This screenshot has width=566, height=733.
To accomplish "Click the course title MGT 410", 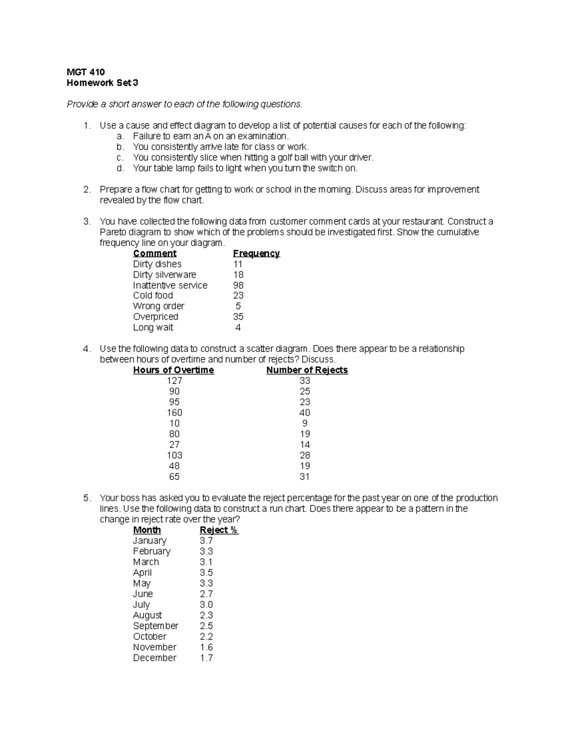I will click(x=85, y=72).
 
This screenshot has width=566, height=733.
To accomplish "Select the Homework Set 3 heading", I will click(x=102, y=83).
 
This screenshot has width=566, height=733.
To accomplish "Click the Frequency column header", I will click(x=256, y=253).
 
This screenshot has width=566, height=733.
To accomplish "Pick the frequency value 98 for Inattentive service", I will click(x=238, y=285).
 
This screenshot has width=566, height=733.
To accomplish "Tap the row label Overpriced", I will click(x=155, y=317).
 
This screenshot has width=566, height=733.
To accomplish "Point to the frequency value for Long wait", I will click(x=238, y=328).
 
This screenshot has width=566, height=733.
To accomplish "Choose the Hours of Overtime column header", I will click(x=174, y=370).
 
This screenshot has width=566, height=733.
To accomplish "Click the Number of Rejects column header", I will click(x=307, y=370).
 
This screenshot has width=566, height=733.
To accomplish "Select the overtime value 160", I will click(x=175, y=413).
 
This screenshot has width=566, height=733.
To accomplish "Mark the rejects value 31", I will click(x=305, y=477).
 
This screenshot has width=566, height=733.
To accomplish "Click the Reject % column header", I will click(x=219, y=530).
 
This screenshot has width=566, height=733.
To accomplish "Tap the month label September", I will click(x=156, y=626).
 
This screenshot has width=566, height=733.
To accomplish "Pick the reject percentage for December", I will click(x=206, y=658).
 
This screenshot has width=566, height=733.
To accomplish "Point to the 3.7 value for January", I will click(x=206, y=540).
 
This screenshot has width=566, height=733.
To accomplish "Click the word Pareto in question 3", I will click(x=113, y=232).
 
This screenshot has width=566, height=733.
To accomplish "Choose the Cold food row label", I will click(x=153, y=295).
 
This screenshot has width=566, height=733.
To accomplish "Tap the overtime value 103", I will click(x=175, y=455).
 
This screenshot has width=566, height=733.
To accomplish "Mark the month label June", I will click(x=143, y=594).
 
